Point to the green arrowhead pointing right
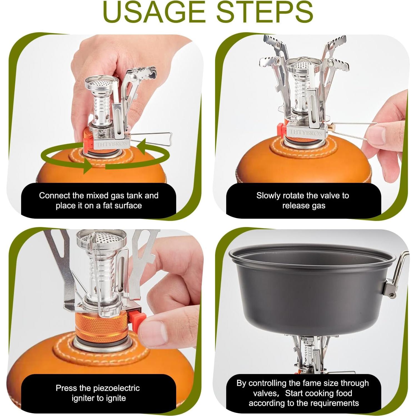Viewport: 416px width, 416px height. pos(88,166)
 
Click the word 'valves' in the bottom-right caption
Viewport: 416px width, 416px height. pos(264,393)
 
